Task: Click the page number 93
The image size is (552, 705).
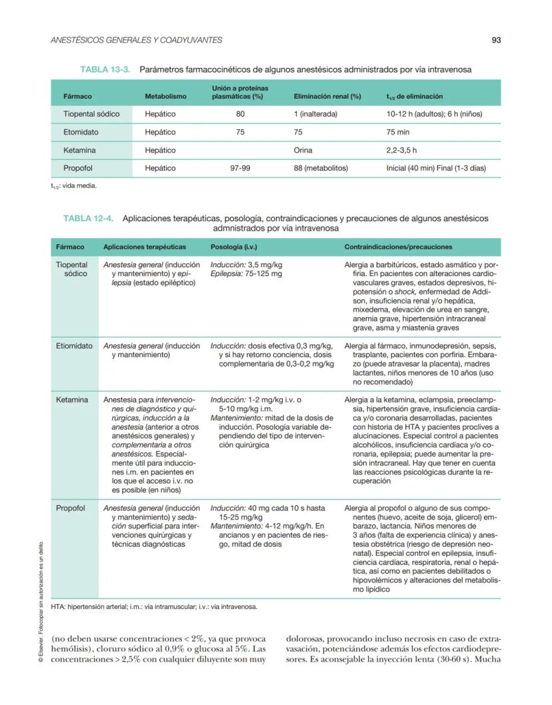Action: [x=496, y=40]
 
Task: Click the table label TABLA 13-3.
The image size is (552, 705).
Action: [x=105, y=69]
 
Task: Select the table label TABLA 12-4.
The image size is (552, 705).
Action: [x=88, y=218]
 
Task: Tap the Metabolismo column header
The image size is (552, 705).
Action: [x=165, y=97]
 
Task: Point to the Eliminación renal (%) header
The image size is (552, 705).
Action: [x=327, y=97]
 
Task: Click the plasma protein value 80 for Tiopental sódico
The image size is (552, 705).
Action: [x=240, y=114]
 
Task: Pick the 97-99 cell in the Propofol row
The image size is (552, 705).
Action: [x=240, y=169]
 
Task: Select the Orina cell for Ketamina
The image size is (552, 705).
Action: [x=303, y=151]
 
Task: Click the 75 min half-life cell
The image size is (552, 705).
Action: [x=399, y=132]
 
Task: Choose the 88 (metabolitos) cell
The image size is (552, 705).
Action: [x=321, y=169]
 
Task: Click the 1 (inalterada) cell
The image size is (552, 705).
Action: [x=315, y=114]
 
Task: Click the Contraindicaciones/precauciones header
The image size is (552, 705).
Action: [x=398, y=247]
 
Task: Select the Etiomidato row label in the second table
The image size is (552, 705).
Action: [x=74, y=346]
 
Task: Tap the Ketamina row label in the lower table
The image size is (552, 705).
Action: [x=72, y=400]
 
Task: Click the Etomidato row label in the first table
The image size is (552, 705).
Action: [x=81, y=132]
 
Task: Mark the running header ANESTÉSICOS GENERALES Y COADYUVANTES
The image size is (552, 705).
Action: [x=137, y=40]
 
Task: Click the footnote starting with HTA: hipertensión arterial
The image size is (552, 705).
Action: [x=154, y=607]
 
